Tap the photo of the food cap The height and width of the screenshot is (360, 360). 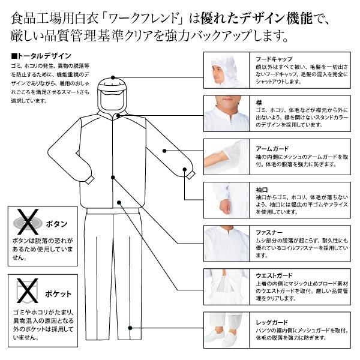click(227, 70)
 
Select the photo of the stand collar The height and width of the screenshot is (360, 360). click(227, 113)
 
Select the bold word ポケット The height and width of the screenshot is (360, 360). click(58, 294)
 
